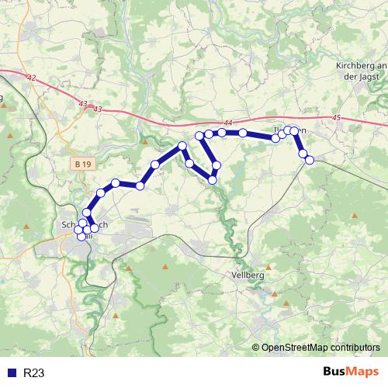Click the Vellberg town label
(248, 275)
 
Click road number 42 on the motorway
(31, 78)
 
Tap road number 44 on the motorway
(227, 123)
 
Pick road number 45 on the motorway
(335, 118)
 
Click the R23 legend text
(33, 373)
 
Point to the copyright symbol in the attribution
(256, 348)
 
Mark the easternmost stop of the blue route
(310, 160)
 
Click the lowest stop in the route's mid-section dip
(212, 180)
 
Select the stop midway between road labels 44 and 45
(276, 138)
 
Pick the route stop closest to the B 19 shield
(101, 192)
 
